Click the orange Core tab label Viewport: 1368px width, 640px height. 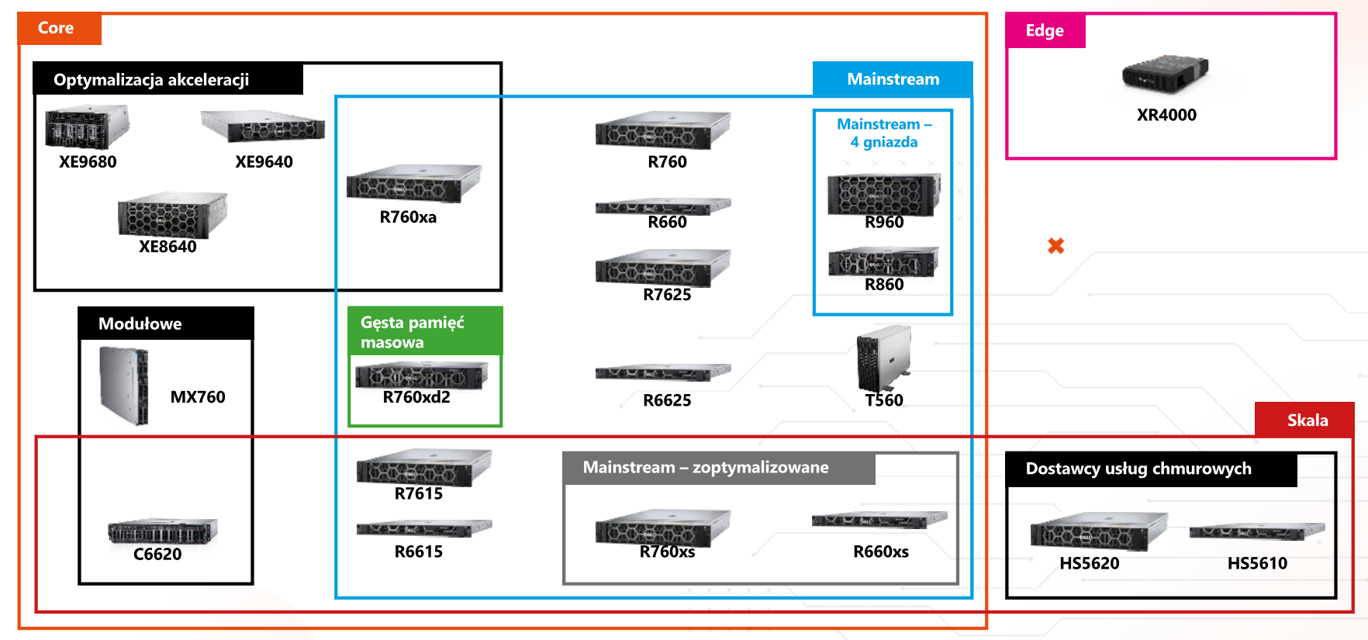tap(57, 28)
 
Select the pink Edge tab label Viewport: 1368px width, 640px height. tap(1045, 30)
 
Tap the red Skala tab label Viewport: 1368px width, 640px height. tap(1307, 420)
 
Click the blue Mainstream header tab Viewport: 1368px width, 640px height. tap(893, 79)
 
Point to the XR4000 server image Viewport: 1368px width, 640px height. tap(1165, 73)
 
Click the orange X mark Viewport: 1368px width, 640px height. tap(1055, 246)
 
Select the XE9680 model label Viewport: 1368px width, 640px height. tap(88, 162)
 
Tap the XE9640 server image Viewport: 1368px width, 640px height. tap(262, 126)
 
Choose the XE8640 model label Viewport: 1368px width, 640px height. tap(168, 247)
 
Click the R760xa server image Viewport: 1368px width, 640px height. tap(414, 184)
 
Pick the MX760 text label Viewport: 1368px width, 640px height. tap(198, 397)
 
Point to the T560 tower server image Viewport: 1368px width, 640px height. tap(883, 358)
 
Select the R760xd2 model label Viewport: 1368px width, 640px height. tap(416, 397)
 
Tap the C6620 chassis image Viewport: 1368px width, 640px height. tap(163, 531)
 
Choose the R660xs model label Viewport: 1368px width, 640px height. tap(880, 552)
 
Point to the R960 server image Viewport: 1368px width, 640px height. tap(883, 194)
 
